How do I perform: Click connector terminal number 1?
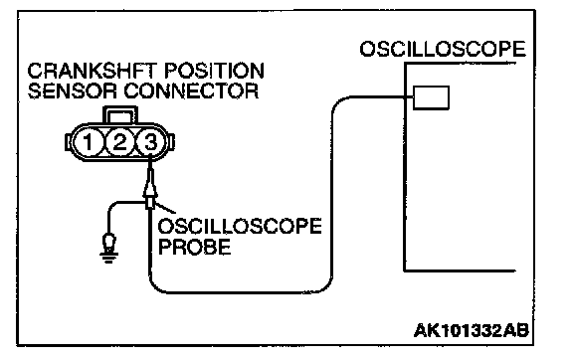click(88, 142)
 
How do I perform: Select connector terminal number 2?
click(119, 142)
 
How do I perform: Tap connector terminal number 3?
click(150, 142)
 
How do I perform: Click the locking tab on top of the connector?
click(120, 114)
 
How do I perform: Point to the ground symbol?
click(108, 248)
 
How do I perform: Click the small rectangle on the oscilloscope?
click(431, 97)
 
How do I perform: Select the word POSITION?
click(214, 71)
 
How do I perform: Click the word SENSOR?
click(73, 91)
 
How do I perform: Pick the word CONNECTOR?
click(191, 91)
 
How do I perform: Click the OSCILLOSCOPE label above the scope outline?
click(443, 49)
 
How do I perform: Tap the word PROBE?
click(194, 247)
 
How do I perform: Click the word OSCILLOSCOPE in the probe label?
click(240, 227)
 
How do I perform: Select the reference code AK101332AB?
click(472, 331)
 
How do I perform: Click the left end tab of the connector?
click(69, 142)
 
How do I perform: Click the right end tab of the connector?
click(171, 142)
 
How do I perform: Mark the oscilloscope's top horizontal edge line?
click(460, 64)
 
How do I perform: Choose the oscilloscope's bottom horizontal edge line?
click(460, 270)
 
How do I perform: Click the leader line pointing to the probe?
click(165, 208)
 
